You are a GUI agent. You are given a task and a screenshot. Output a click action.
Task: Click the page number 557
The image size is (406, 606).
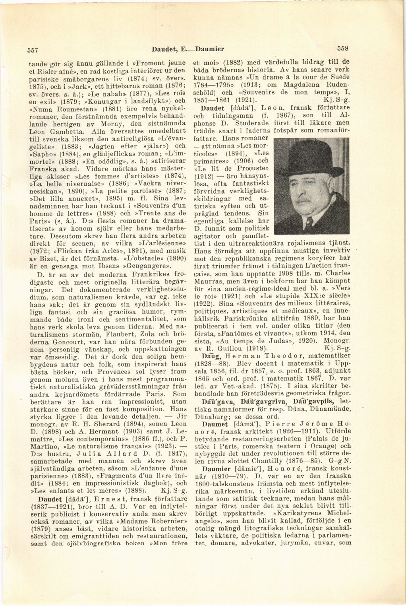coord(32,50)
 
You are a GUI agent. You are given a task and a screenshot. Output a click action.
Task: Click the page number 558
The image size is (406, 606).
coord(342,49)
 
